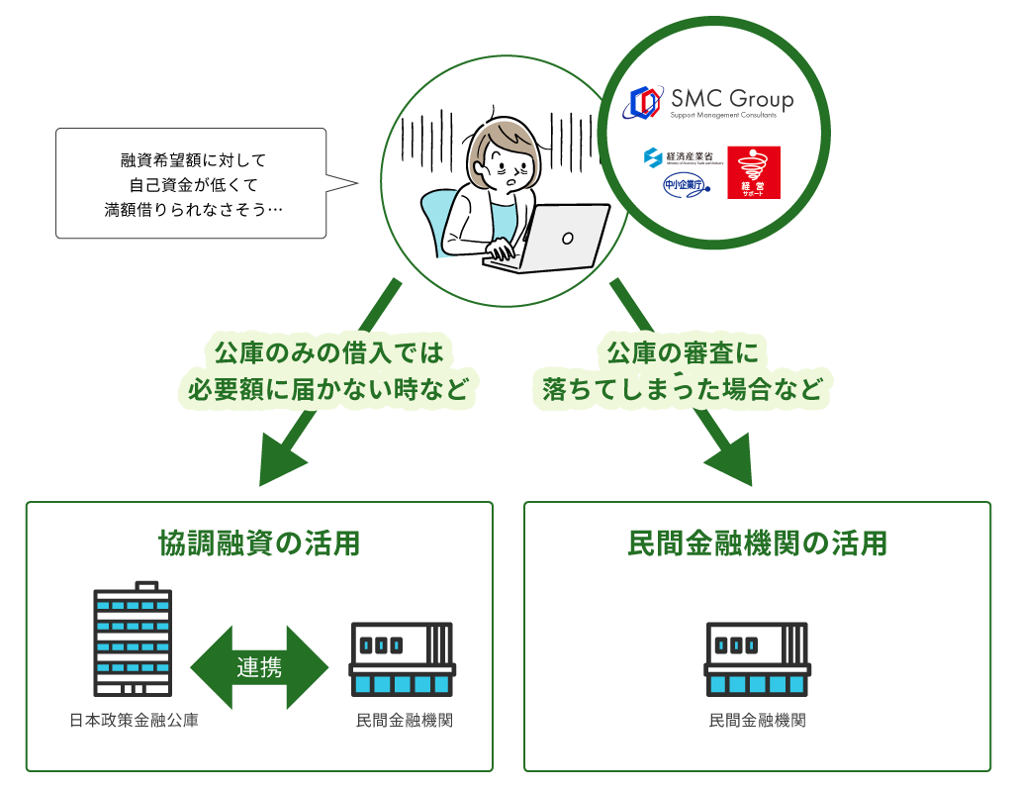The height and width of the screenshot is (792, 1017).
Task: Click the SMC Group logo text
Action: click(x=732, y=99)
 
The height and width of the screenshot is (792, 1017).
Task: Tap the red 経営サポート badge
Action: click(x=754, y=172)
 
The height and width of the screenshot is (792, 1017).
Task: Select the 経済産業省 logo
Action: click(x=684, y=157)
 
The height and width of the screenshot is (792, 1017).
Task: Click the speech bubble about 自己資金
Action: click(x=191, y=183)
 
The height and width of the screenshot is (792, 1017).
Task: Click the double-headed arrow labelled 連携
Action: click(x=259, y=667)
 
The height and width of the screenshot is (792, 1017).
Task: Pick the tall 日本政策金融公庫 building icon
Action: click(x=131, y=639)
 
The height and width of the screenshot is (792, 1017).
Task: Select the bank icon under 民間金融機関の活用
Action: click(x=757, y=660)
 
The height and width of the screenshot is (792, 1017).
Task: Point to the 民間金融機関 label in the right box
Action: click(x=757, y=721)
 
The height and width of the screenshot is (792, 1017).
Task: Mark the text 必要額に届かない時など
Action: click(x=327, y=390)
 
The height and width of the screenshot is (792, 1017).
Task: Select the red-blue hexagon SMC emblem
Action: click(x=646, y=101)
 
